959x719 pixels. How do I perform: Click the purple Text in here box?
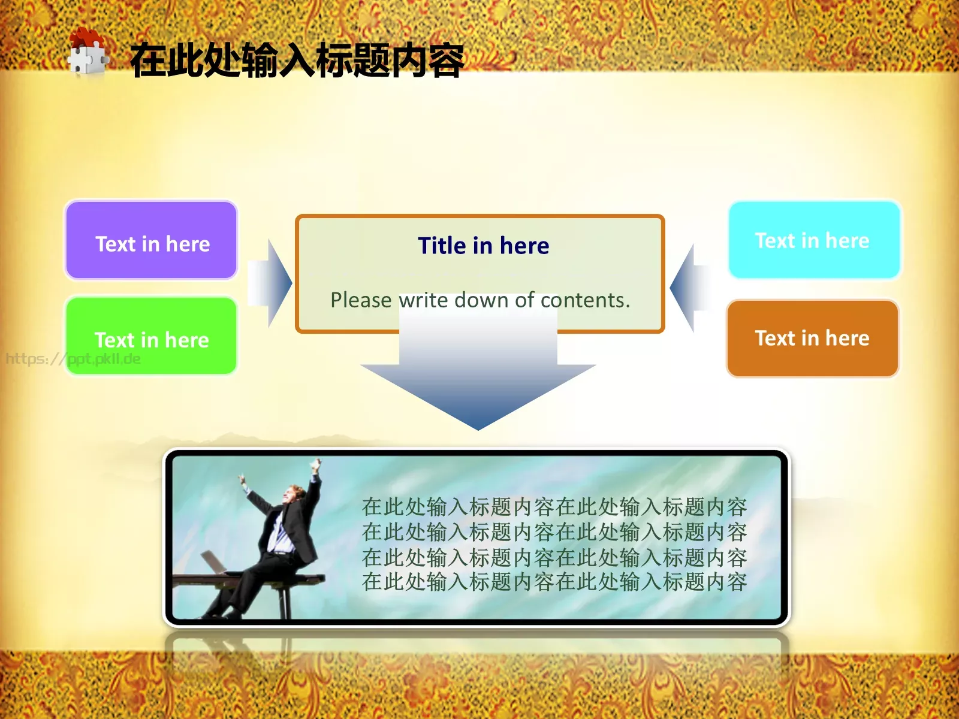[152, 241]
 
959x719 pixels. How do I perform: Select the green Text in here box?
[152, 336]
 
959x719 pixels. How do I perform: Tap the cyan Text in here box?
[814, 240]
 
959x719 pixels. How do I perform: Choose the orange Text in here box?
[812, 339]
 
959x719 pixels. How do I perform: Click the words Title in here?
[483, 246]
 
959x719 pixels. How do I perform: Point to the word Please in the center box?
[361, 300]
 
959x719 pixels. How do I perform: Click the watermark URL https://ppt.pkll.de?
[73, 359]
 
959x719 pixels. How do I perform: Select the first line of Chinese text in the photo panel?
[554, 507]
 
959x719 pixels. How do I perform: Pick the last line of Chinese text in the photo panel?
[554, 582]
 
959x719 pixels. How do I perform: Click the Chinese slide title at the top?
[297, 61]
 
